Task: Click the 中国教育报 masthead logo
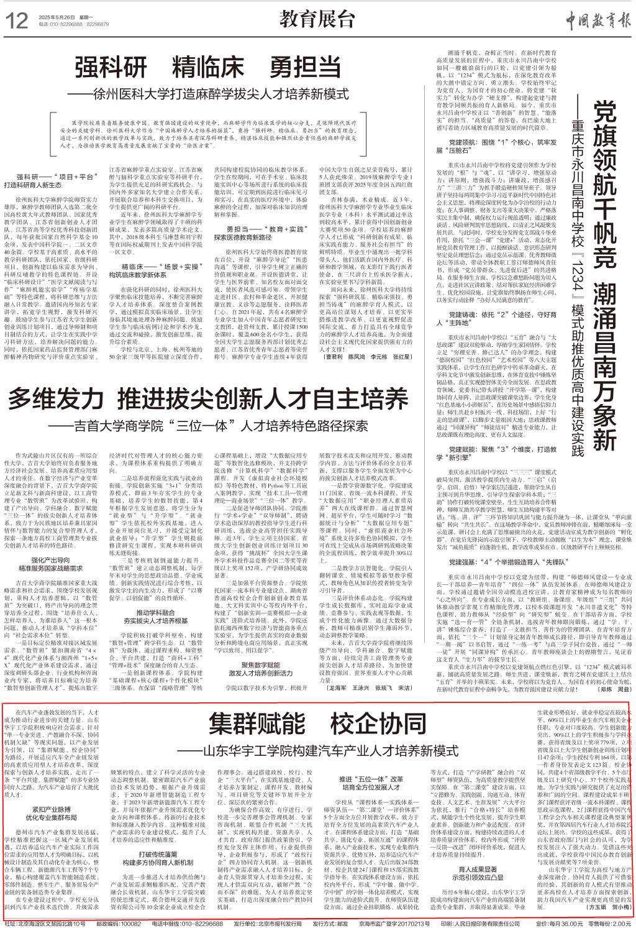(x=589, y=19)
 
